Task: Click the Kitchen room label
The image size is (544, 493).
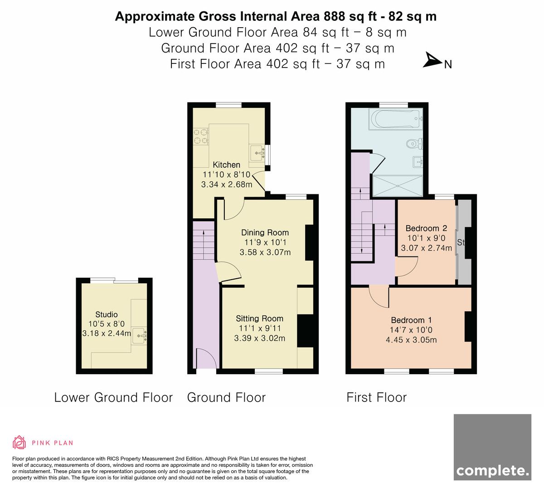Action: [227, 164]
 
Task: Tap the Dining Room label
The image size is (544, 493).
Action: [265, 232]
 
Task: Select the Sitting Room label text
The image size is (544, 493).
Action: [259, 319]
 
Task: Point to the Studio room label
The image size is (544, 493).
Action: [106, 314]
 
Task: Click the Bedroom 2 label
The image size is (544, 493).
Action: [426, 228]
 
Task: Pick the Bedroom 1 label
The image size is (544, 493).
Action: [411, 320]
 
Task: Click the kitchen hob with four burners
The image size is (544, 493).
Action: [201, 136]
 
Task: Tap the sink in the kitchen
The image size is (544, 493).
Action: [257, 153]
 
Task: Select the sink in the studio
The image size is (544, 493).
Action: [139, 336]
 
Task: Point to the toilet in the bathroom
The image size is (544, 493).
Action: [415, 143]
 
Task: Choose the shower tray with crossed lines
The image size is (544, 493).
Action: [398, 186]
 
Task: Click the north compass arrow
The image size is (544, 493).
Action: [432, 60]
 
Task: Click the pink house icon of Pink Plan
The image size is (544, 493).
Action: [19, 443]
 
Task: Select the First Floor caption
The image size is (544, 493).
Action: [377, 398]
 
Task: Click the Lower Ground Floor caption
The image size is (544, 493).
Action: [113, 398]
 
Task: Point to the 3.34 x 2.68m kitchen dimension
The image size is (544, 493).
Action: [227, 184]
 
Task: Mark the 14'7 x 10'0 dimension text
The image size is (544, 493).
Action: [411, 330]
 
